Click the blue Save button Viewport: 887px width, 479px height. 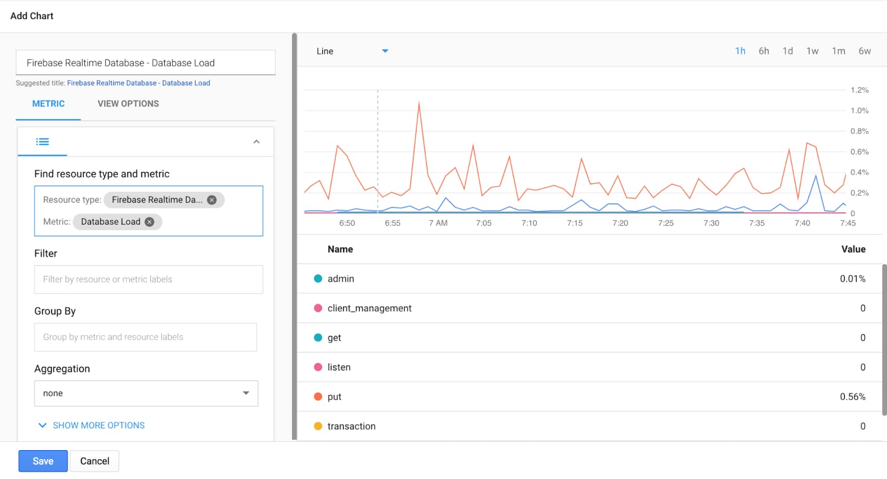click(43, 461)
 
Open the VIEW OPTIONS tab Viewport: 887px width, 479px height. click(128, 104)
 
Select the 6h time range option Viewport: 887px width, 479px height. click(764, 51)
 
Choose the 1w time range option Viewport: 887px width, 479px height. click(812, 51)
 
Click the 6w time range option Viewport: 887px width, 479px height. click(864, 51)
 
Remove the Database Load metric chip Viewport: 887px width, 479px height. click(149, 222)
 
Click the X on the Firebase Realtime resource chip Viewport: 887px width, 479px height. click(212, 200)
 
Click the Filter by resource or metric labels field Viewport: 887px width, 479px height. click(149, 279)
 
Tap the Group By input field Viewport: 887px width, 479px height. click(146, 337)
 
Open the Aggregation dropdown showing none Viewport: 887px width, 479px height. click(146, 394)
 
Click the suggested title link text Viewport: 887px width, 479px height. click(139, 83)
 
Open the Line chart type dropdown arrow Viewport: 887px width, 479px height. click(385, 51)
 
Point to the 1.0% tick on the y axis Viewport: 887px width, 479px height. click(859, 110)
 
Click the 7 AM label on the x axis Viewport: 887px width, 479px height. click(438, 223)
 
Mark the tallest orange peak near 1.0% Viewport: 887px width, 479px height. click(419, 103)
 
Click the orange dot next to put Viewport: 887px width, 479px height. click(318, 396)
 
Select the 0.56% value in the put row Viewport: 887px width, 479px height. click(853, 396)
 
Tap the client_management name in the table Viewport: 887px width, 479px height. click(369, 308)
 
